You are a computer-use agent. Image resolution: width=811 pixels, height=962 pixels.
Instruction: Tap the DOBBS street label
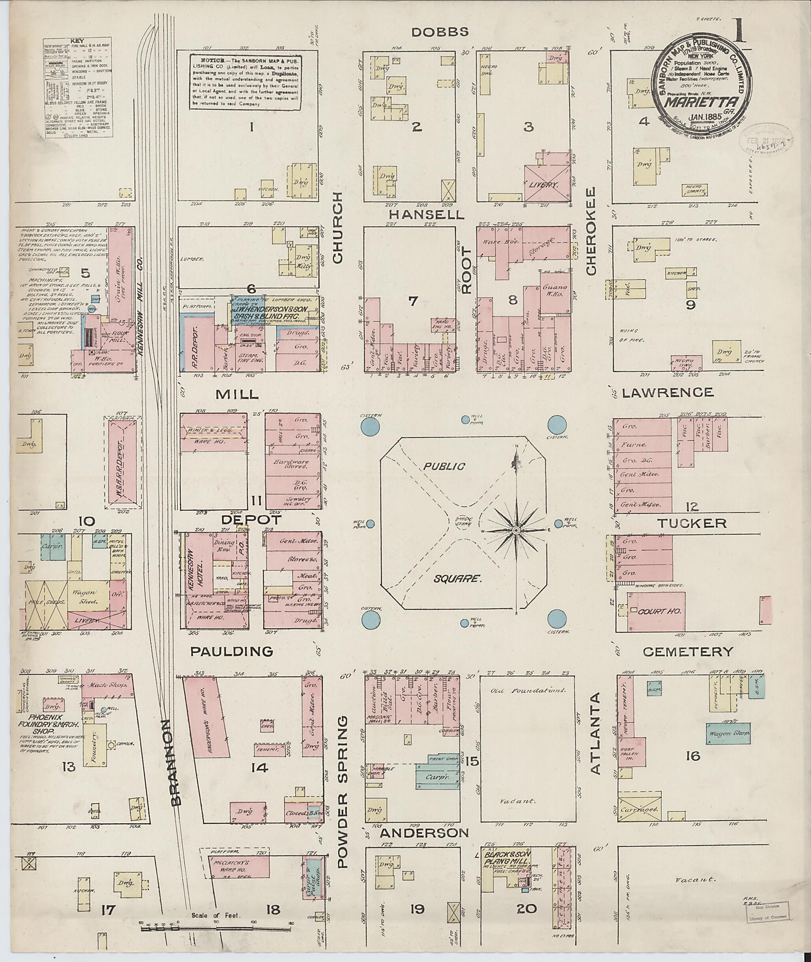(440, 32)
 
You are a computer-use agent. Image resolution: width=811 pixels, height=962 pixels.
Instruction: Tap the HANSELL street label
(426, 214)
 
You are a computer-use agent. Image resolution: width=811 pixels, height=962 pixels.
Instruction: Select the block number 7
(413, 301)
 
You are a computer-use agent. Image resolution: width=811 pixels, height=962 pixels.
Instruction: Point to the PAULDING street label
(231, 651)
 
